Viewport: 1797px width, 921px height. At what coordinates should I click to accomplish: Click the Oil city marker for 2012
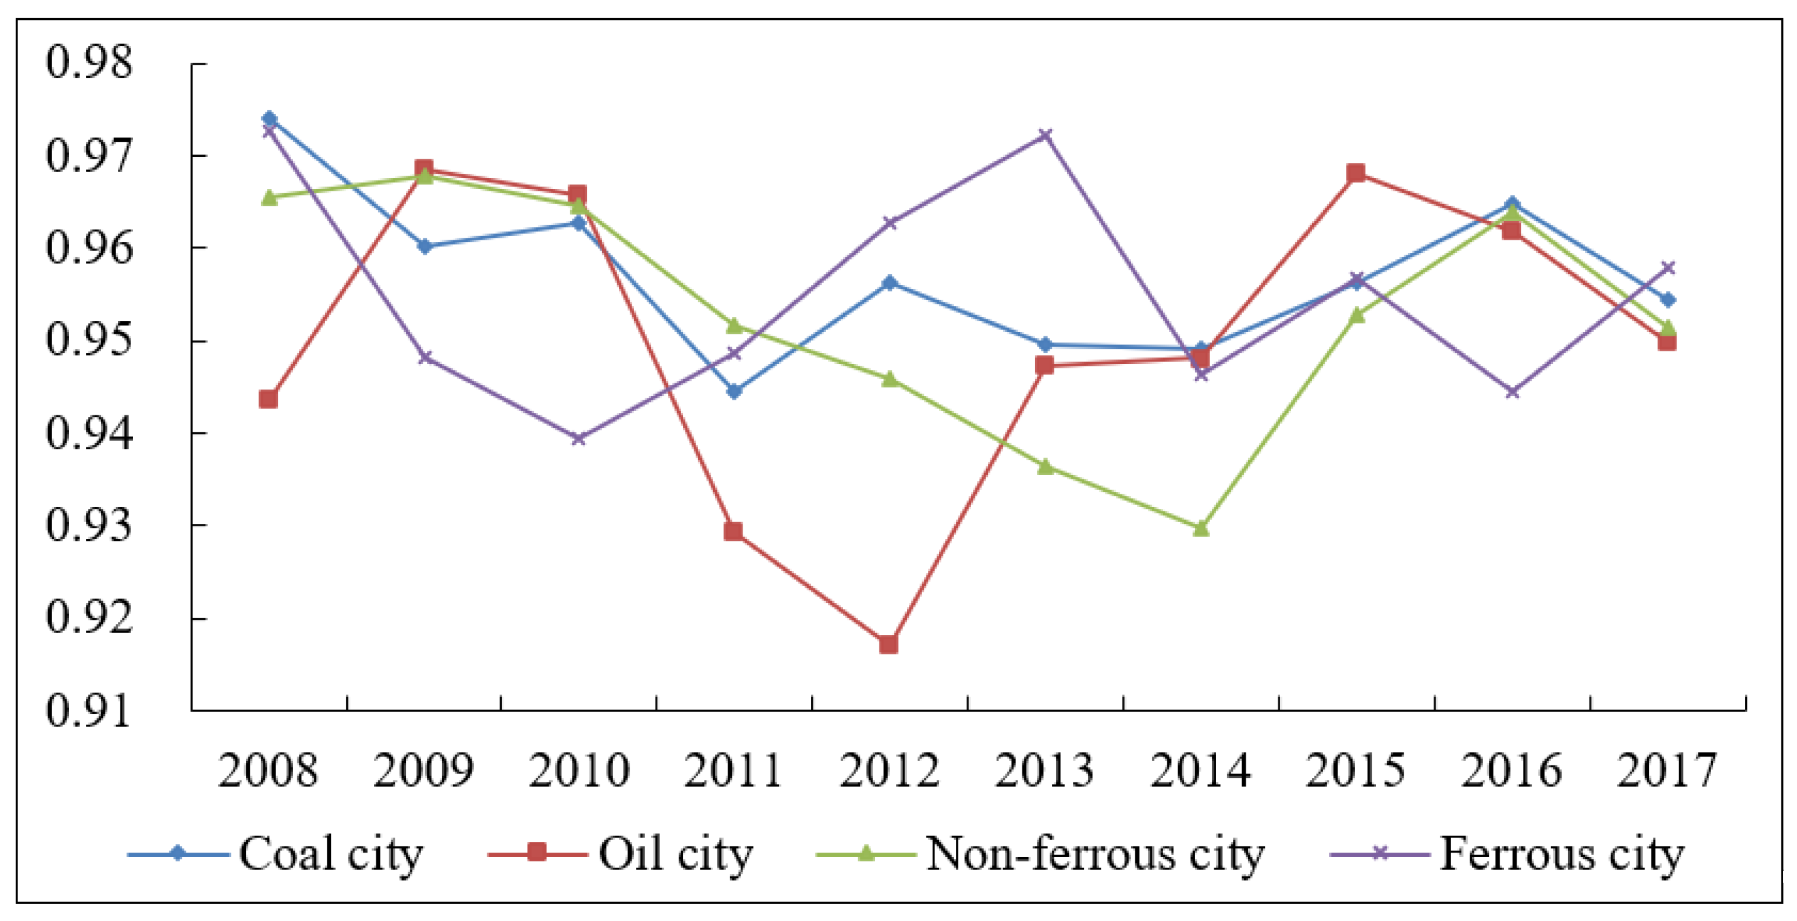click(x=889, y=644)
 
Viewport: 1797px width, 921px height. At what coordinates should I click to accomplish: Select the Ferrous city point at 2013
click(x=1045, y=135)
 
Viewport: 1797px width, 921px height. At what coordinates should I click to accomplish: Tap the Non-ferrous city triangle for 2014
click(x=1201, y=528)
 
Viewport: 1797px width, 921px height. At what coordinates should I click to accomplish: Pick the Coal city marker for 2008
click(x=269, y=119)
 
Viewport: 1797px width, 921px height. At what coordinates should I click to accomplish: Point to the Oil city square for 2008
click(x=268, y=399)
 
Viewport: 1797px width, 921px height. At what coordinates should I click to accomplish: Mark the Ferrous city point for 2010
click(x=578, y=438)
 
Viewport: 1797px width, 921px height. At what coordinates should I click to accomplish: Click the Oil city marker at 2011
click(x=733, y=531)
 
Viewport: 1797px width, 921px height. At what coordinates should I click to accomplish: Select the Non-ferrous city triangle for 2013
click(x=1045, y=466)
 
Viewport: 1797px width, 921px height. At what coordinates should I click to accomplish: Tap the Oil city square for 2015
click(x=1356, y=173)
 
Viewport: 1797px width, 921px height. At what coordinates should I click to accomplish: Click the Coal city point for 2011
click(x=734, y=391)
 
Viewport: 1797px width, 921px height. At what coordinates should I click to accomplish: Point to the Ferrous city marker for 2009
click(x=424, y=357)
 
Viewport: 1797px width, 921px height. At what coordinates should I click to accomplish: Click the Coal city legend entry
click(x=275, y=853)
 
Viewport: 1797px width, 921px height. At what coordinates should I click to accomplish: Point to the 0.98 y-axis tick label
click(x=88, y=62)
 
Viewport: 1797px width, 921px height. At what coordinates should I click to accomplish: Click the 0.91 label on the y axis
click(x=88, y=711)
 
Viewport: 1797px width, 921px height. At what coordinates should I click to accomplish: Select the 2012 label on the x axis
click(x=889, y=770)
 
